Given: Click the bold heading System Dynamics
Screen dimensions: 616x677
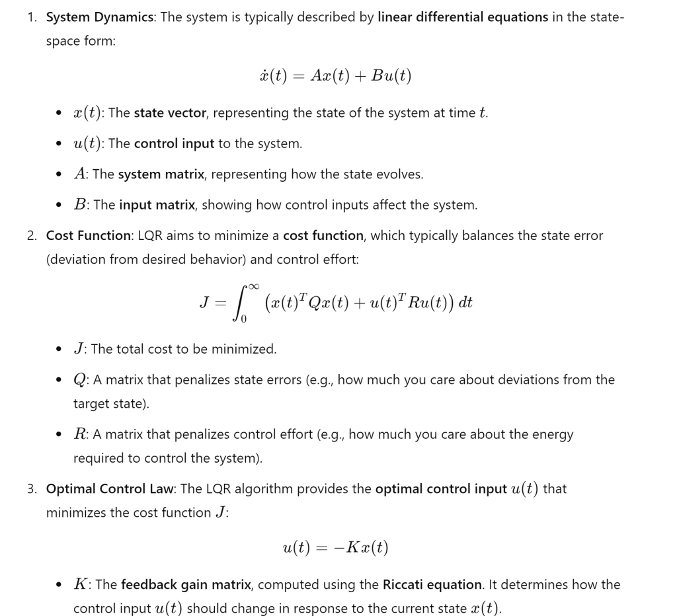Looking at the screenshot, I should tap(99, 17).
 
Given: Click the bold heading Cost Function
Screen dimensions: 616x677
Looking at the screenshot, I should tap(88, 235).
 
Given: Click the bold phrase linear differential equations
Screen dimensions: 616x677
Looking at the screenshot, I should tap(463, 17).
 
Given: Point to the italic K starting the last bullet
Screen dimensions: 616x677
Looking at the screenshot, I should tap(81, 585).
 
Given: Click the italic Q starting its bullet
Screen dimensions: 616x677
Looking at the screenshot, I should tap(80, 380).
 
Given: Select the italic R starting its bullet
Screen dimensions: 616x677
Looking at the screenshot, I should tap(80, 434).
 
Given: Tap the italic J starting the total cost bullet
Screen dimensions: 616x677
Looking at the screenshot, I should tap(79, 349).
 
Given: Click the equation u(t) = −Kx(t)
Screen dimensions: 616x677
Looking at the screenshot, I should tap(335, 548).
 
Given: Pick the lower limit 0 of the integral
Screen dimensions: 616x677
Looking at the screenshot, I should tap(243, 320).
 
